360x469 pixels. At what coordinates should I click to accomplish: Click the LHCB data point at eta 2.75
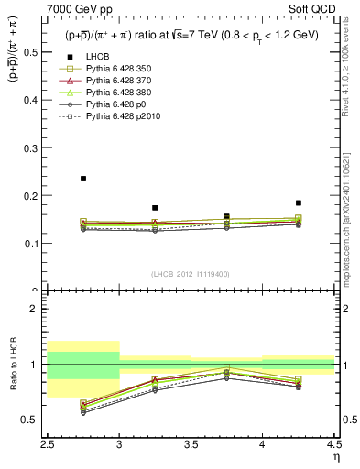(83, 179)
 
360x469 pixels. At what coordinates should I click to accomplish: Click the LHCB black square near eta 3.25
(155, 208)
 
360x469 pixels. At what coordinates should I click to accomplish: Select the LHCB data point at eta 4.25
(299, 202)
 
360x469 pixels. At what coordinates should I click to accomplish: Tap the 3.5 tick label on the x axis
(191, 443)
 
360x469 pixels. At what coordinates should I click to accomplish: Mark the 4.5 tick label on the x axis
(333, 443)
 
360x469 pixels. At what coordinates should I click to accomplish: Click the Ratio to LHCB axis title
(12, 364)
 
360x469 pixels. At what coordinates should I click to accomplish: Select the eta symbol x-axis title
(336, 455)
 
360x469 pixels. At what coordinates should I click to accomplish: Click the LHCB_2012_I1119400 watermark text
(191, 274)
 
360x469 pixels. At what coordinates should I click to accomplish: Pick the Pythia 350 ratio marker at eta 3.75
(226, 367)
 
